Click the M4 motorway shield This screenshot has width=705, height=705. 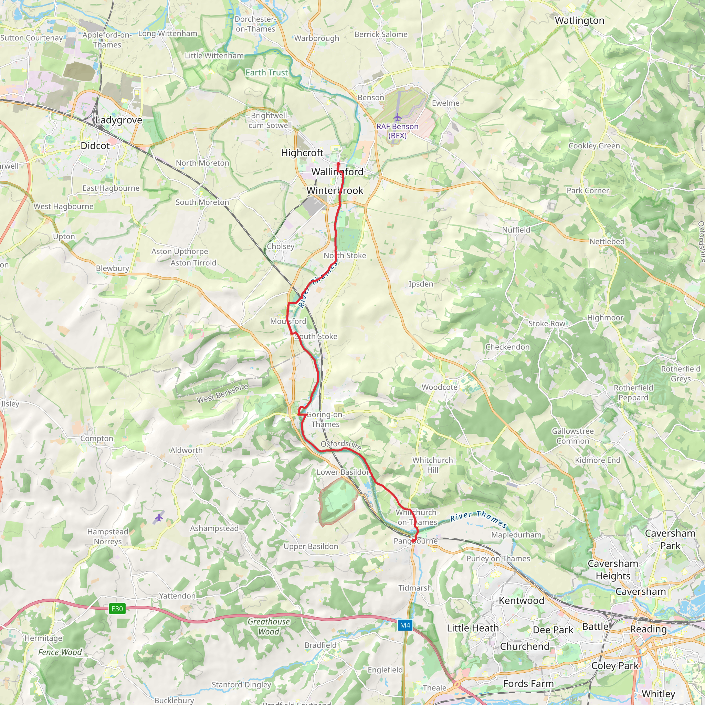coord(405,625)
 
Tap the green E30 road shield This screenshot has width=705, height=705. coord(117,609)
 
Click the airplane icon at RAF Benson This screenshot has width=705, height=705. coord(397,117)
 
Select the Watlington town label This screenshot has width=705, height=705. coord(579,20)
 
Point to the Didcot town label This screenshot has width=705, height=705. coord(95,146)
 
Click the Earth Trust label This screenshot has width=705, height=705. coord(266,73)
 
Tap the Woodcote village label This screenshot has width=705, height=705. coord(439,387)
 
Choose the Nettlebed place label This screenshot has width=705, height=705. coord(607,242)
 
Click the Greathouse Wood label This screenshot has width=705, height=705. coord(269,627)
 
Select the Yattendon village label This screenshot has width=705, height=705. coord(177,596)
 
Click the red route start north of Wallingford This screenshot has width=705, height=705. coord(338,164)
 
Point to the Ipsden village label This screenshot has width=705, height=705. coord(421,284)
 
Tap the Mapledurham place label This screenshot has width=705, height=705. coord(516,535)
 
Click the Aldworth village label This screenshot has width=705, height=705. coord(186,450)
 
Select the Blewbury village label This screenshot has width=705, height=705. coord(112,268)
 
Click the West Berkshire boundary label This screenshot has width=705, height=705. coord(222,393)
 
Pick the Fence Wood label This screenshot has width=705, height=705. coord(60,652)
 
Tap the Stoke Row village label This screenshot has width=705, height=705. coord(547,324)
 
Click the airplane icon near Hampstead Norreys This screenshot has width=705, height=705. coord(159,517)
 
